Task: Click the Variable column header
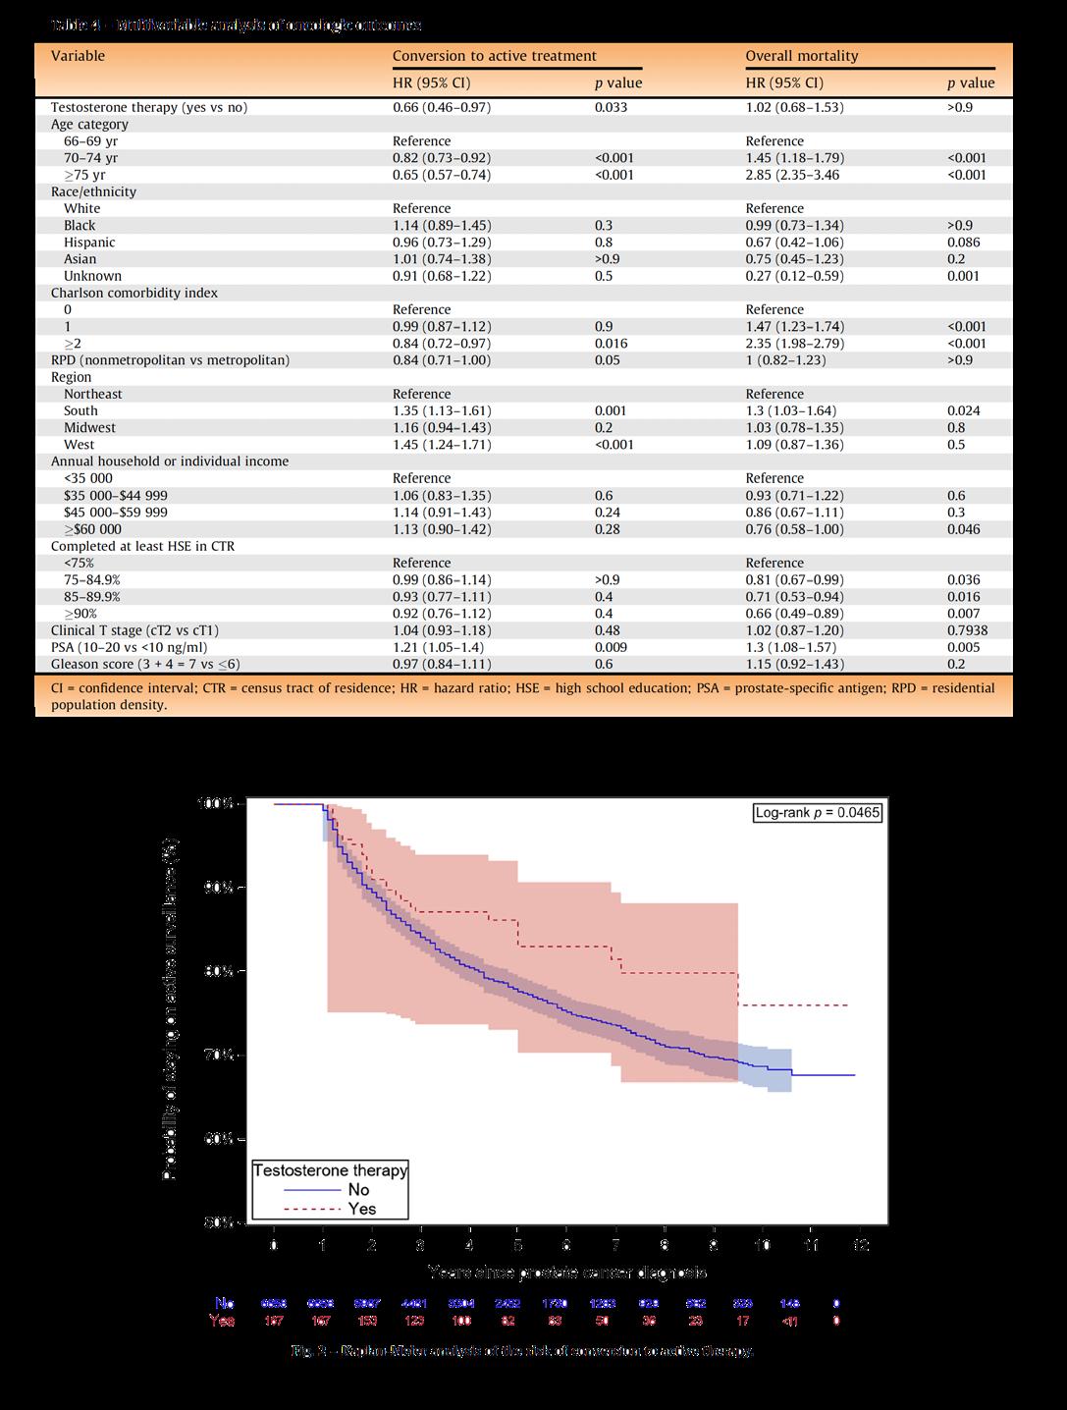click(78, 56)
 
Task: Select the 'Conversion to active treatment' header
click(494, 56)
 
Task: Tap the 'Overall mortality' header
click(801, 56)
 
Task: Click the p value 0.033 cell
click(611, 107)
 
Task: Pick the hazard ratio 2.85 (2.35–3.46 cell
click(793, 175)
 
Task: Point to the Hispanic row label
click(89, 243)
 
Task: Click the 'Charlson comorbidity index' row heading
click(134, 293)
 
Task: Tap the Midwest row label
click(89, 428)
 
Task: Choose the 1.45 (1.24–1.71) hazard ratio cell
click(442, 445)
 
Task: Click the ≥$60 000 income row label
click(92, 529)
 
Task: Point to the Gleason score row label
click(145, 665)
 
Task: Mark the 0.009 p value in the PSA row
click(609, 648)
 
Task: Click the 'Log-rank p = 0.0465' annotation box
click(818, 812)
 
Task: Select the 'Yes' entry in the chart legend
click(361, 1209)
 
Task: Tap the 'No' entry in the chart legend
click(358, 1190)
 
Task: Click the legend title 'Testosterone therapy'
click(330, 1170)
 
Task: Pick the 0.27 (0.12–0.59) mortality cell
click(794, 276)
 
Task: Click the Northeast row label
click(92, 394)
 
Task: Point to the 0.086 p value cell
click(965, 243)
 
